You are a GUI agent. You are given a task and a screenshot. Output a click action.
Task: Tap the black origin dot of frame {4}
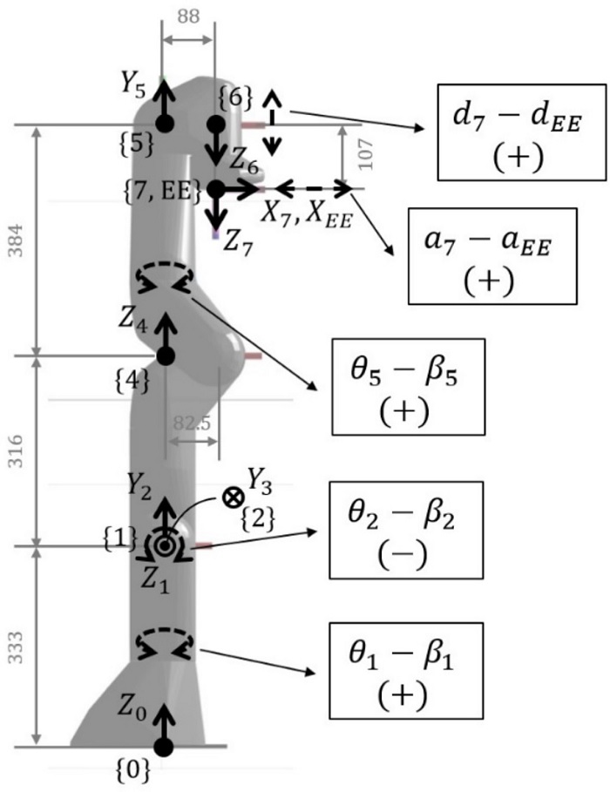(x=166, y=356)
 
